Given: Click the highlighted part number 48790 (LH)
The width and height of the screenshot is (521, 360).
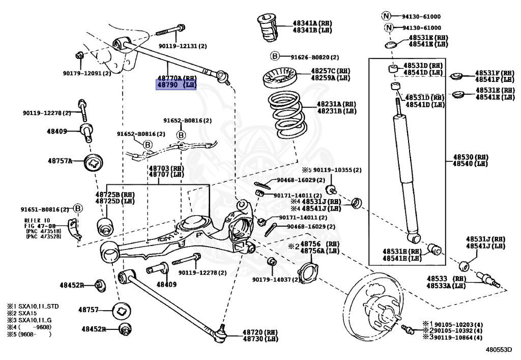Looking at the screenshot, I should (x=176, y=85).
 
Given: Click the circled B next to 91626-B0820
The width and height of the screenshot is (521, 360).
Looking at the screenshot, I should (x=274, y=57).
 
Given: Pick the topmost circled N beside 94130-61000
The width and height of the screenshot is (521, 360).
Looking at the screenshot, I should (x=388, y=16).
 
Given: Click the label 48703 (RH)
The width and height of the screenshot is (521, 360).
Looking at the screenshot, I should (x=166, y=168).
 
